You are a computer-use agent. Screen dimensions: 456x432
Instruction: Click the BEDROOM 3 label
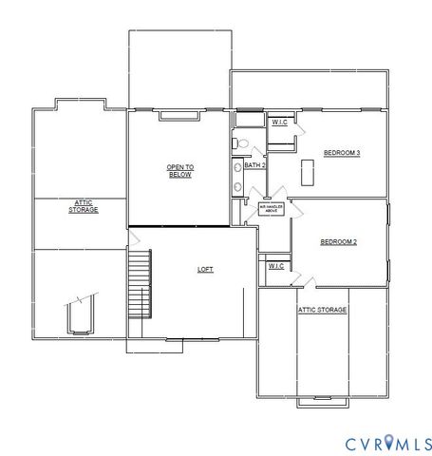coord(341,153)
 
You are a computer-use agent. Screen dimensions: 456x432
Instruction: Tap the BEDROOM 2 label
coord(338,242)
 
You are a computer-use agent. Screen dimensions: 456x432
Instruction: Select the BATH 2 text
coord(254,165)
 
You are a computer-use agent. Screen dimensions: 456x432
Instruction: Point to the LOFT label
coord(205,269)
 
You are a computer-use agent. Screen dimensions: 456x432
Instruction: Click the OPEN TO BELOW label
coord(180,171)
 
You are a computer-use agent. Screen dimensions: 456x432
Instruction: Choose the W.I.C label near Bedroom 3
coord(280,123)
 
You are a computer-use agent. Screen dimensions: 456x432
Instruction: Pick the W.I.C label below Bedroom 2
coord(275,266)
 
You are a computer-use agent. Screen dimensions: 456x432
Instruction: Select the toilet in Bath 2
coord(242,143)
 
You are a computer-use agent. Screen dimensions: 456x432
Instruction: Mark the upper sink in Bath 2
coord(237,168)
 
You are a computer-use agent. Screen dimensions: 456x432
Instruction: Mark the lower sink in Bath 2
coord(237,186)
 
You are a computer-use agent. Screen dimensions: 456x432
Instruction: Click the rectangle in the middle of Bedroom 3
coord(307,172)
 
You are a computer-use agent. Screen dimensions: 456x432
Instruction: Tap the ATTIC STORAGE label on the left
coord(83,205)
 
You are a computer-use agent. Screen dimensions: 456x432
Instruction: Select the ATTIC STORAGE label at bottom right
coord(323,310)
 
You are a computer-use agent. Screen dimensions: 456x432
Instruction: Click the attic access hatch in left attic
coord(79,316)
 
